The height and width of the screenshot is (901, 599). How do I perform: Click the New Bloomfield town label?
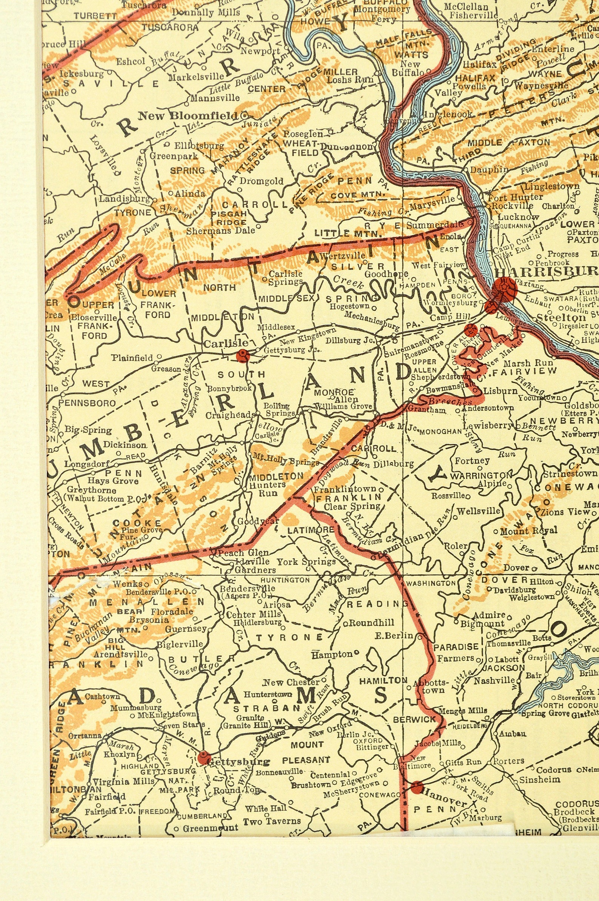187,115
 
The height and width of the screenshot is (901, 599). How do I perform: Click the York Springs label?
306,562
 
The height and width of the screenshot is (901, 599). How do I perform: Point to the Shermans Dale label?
219,231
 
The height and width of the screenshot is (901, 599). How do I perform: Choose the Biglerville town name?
180,644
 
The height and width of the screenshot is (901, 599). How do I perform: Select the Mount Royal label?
529,531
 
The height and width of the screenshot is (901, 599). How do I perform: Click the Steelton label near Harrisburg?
561,318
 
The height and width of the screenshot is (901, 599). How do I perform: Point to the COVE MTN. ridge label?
358,195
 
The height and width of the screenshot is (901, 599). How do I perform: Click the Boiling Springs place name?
281,410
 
